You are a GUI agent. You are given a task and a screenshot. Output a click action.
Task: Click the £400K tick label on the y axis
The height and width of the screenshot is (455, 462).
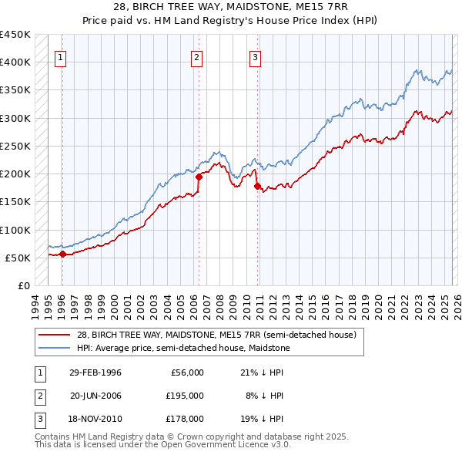click(x=15, y=62)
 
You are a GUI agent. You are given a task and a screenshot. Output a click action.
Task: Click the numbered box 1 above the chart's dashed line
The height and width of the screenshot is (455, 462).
click(x=60, y=56)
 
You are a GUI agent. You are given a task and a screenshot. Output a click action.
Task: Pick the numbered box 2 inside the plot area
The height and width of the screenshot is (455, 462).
click(x=197, y=56)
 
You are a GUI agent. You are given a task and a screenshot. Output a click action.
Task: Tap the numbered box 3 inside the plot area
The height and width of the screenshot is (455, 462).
click(x=255, y=56)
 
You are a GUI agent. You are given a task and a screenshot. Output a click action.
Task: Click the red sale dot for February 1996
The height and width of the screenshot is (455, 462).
click(x=62, y=254)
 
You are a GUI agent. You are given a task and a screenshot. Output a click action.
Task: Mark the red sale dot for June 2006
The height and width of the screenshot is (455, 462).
click(x=199, y=176)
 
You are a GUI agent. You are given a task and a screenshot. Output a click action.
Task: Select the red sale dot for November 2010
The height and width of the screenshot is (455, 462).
click(x=257, y=185)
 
